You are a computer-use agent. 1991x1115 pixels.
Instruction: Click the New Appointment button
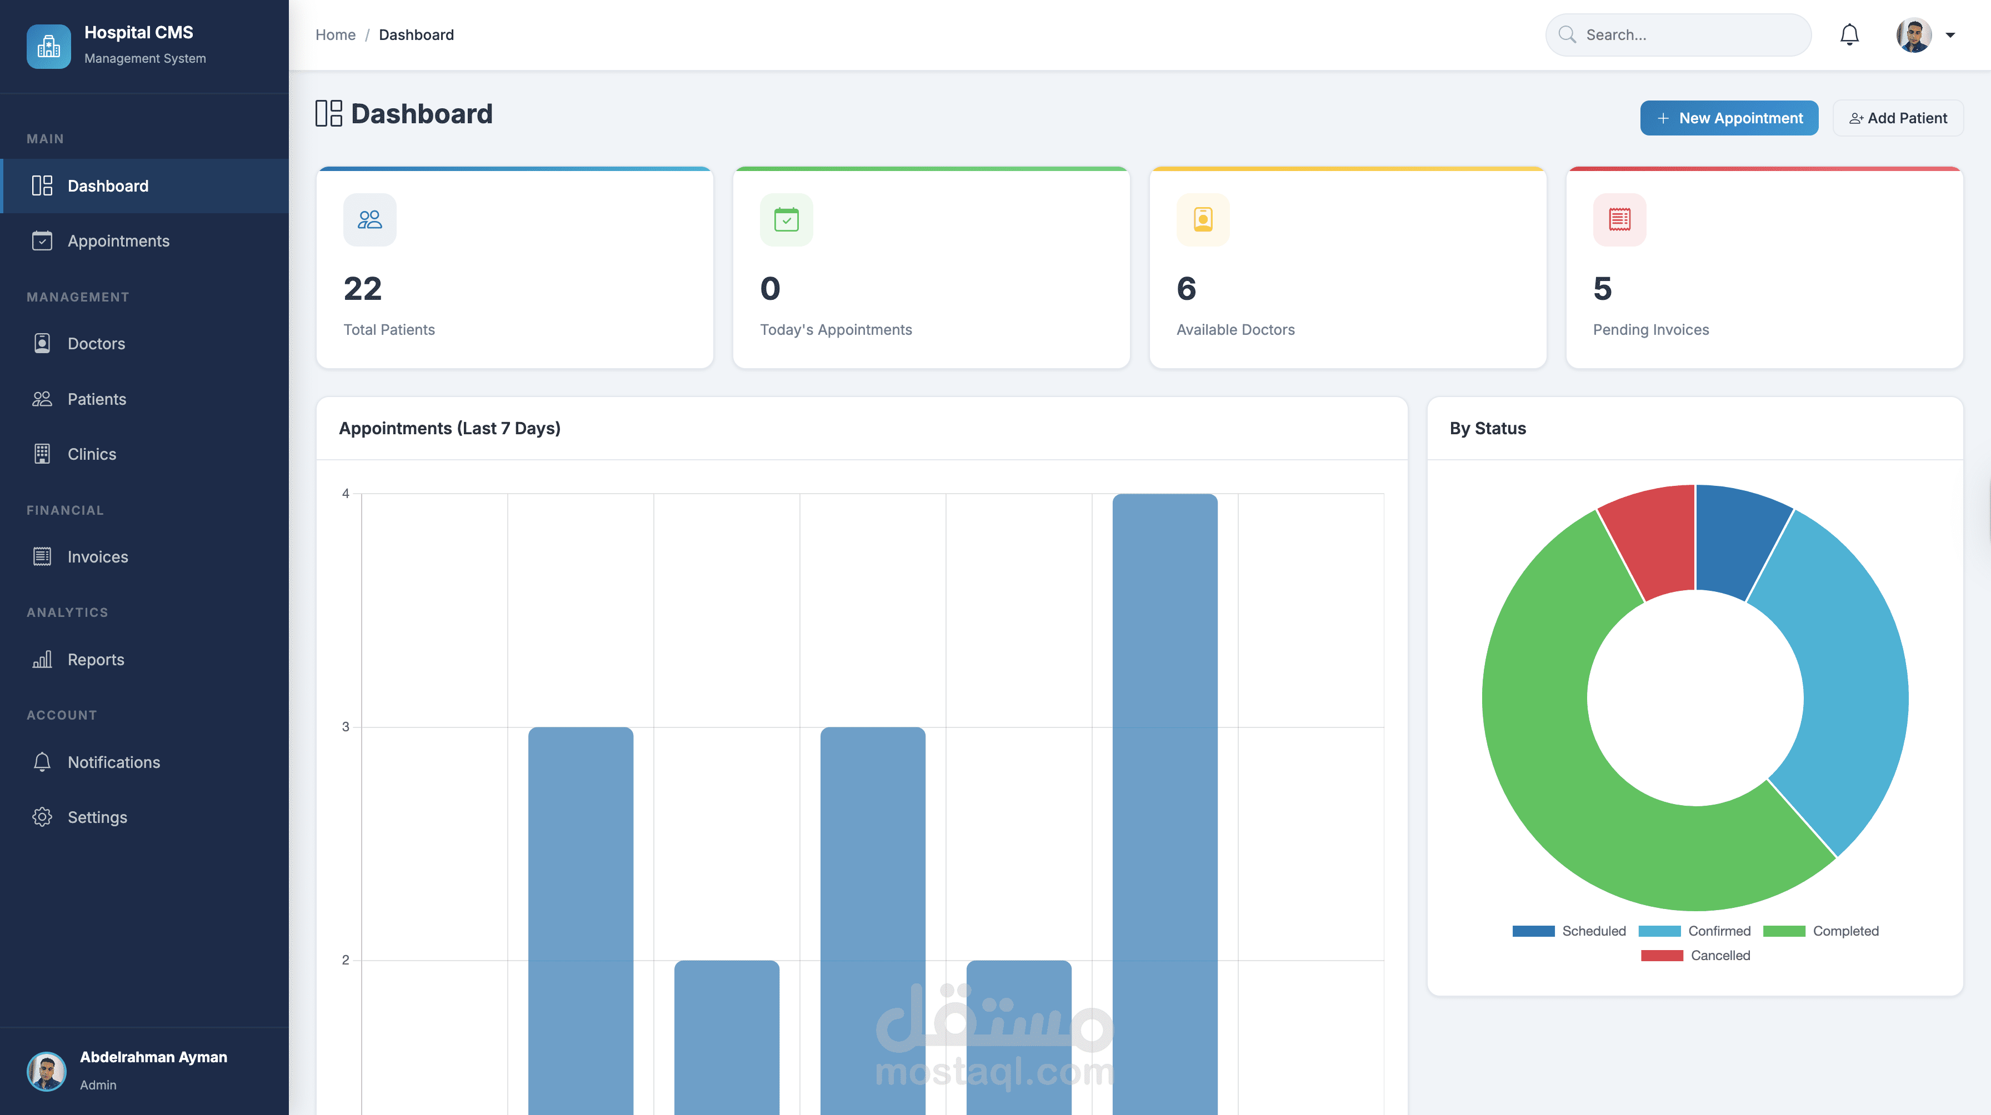pos(1729,118)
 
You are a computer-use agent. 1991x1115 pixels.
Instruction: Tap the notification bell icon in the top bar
pos(1849,35)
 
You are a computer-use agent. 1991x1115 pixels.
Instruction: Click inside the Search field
pos(1678,35)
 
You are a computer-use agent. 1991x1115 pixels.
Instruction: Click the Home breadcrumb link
pos(336,35)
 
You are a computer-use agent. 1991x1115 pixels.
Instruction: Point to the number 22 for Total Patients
pos(363,289)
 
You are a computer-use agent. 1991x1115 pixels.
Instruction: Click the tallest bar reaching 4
pos(1165,803)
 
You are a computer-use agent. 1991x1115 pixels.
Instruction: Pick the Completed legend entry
pos(1821,931)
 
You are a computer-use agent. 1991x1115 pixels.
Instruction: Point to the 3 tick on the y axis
pos(346,727)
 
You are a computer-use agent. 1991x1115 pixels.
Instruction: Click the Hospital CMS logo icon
pos(49,46)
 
